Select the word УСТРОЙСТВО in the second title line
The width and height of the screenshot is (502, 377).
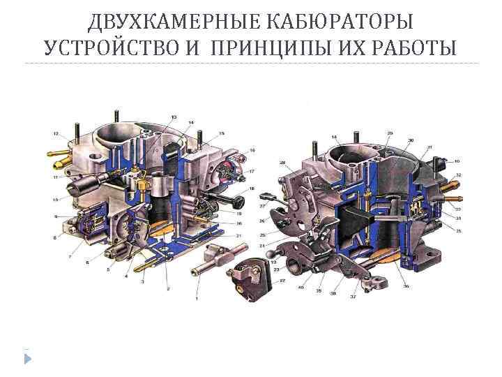click(112, 48)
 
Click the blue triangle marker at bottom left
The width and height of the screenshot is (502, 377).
click(27, 359)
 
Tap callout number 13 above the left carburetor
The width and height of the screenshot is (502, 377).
click(173, 116)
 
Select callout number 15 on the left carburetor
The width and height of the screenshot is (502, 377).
click(221, 133)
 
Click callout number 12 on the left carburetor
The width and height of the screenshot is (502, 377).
click(56, 133)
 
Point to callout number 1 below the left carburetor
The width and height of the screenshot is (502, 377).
click(197, 298)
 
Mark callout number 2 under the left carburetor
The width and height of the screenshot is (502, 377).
click(168, 288)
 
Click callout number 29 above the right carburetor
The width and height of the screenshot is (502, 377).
click(390, 133)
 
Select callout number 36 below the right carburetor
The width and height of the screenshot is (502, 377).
click(406, 286)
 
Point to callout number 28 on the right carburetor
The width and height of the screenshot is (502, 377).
click(283, 163)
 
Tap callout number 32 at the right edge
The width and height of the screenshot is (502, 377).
click(458, 175)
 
